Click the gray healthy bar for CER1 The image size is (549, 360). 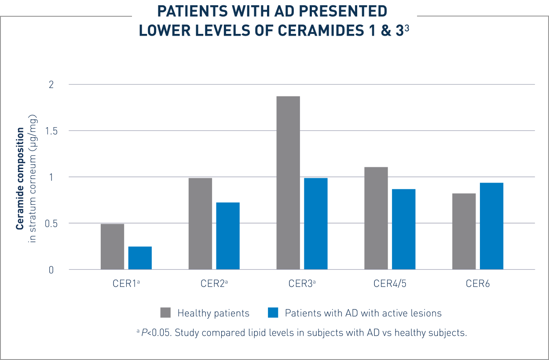tap(112, 246)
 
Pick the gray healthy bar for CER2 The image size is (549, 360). tap(200, 223)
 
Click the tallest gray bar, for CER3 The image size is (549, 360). tap(288, 182)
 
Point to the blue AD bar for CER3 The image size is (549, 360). tap(316, 223)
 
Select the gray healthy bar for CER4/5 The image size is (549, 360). tap(376, 218)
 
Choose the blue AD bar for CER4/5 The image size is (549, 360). tap(404, 229)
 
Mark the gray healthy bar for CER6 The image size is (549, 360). tap(464, 231)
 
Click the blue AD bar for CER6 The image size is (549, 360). tap(491, 226)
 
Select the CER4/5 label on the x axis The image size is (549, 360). tap(390, 283)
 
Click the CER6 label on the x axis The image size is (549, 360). tap(478, 283)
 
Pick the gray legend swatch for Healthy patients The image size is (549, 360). tap(165, 313)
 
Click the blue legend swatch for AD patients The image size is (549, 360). tap(273, 313)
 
